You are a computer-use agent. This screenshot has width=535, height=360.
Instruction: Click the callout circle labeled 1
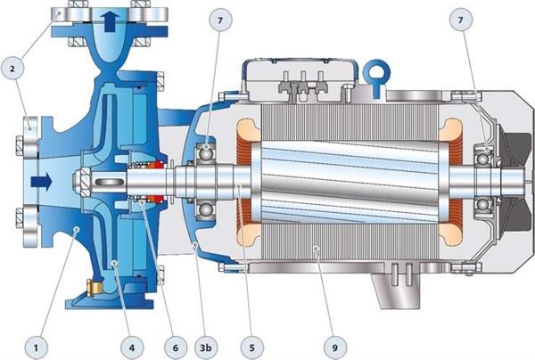(x=36, y=348)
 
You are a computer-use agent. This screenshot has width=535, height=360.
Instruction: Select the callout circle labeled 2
(x=12, y=69)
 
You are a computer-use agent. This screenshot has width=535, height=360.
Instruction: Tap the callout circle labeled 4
(x=132, y=348)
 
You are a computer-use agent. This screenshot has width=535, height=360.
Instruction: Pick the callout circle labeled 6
(x=176, y=348)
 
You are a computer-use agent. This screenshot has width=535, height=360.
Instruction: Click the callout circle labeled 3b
(x=206, y=348)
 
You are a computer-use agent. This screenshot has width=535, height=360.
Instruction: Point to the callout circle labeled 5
(x=251, y=348)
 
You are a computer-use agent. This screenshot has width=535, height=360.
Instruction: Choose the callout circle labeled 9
(x=334, y=348)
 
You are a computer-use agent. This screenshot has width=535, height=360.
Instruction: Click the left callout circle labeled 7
(x=220, y=20)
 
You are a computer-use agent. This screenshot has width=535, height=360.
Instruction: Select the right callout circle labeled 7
(x=461, y=20)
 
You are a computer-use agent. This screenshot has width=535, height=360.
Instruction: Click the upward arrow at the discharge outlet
(x=112, y=21)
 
